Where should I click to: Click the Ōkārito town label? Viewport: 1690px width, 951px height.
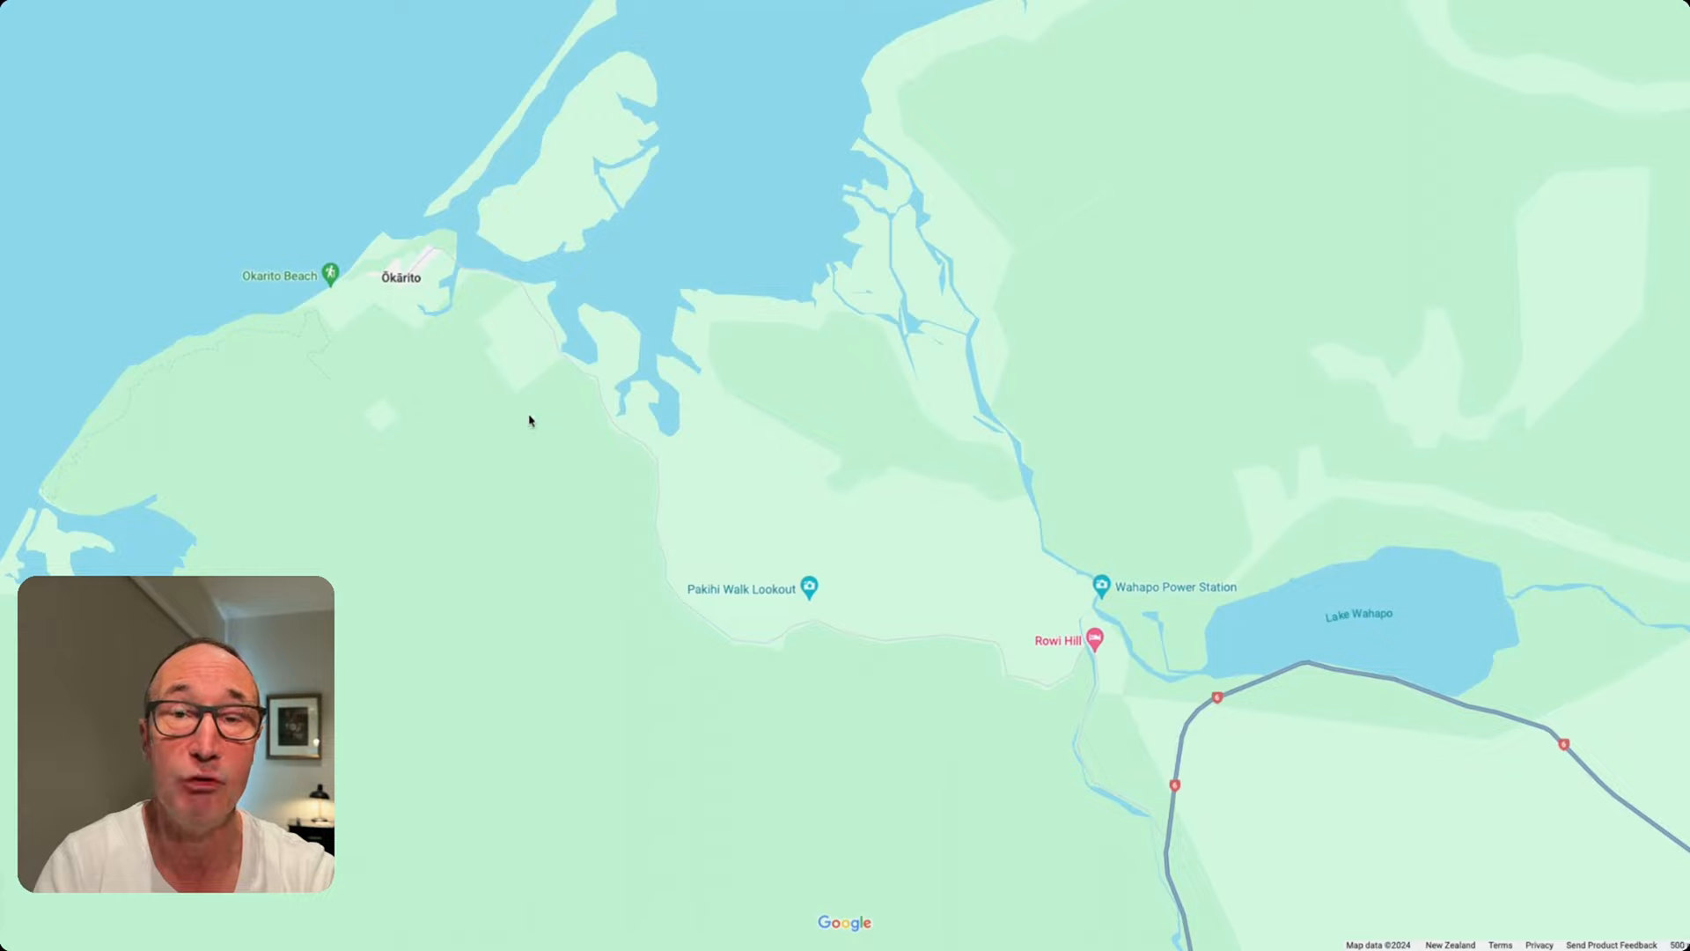click(400, 277)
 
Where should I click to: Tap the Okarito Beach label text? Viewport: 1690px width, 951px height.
click(279, 276)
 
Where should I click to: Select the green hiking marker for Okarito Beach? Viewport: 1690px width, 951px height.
click(330, 274)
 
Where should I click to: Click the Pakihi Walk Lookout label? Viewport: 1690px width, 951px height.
click(741, 589)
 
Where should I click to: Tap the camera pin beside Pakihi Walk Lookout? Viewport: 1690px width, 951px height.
click(810, 586)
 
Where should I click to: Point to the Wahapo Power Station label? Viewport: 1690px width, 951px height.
click(1175, 587)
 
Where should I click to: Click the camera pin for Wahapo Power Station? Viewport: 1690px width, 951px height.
click(1101, 585)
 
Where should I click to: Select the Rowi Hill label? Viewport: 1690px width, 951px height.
click(1057, 641)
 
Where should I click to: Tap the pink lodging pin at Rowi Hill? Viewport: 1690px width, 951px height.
click(1095, 638)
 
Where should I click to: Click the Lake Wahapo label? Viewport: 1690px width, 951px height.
click(1359, 615)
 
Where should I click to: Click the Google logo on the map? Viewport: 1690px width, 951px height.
click(844, 923)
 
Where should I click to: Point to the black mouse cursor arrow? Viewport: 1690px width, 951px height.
click(532, 421)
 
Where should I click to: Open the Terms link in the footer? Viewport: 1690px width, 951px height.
click(1500, 945)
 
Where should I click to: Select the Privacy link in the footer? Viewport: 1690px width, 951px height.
click(1539, 945)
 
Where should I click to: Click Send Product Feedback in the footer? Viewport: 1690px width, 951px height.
click(1611, 945)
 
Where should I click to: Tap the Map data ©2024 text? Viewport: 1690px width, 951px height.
click(1378, 945)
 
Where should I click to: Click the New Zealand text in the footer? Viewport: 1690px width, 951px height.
click(1450, 945)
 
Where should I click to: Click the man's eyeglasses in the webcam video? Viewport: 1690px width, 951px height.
click(206, 720)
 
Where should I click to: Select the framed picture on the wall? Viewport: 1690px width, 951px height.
click(294, 726)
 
